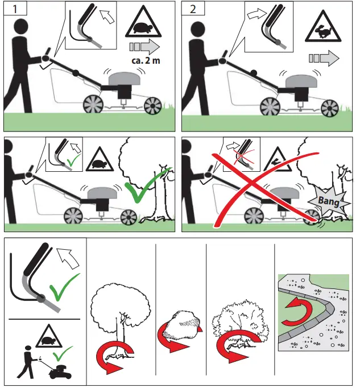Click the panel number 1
pyautogui.click(x=15, y=9)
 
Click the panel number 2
pyautogui.click(x=193, y=9)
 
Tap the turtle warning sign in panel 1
pyautogui.click(x=143, y=22)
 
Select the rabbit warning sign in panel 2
pyautogui.click(x=323, y=27)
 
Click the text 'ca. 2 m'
pyautogui.click(x=146, y=61)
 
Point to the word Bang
pyautogui.click(x=329, y=201)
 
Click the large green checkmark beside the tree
pyautogui.click(x=147, y=184)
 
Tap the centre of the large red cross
pyautogui.click(x=251, y=184)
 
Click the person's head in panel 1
pyautogui.click(x=21, y=27)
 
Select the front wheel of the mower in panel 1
pyautogui.click(x=152, y=106)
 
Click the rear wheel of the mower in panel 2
pyautogui.click(x=270, y=107)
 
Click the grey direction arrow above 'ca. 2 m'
pyautogui.click(x=144, y=47)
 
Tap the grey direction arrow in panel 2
pyautogui.click(x=324, y=58)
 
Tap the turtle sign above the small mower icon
pyautogui.click(x=48, y=337)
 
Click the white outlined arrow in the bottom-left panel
pyautogui.click(x=68, y=258)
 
